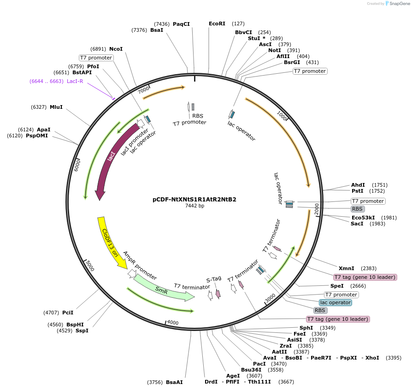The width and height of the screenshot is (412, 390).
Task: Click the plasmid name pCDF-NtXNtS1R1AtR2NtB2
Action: click(194, 200)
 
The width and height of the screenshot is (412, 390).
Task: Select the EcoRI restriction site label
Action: click(217, 24)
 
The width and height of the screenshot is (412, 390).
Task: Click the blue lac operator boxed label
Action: click(335, 302)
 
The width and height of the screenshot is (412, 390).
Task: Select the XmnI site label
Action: click(347, 268)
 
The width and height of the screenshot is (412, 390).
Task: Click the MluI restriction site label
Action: click(56, 107)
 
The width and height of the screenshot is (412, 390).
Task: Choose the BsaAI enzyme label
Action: click(174, 382)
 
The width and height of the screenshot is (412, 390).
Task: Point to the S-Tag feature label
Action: click(214, 279)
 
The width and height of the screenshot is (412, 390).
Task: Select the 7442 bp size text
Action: click(194, 206)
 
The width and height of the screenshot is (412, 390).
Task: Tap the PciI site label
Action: click(68, 313)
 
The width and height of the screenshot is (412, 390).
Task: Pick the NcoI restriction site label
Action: click(116, 49)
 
